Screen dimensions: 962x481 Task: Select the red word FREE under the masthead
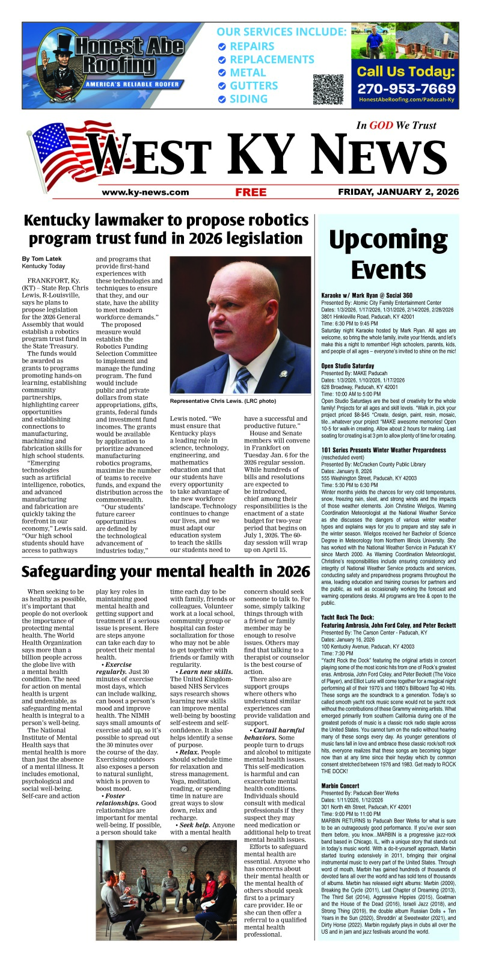251,192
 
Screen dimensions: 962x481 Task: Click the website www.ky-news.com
146,192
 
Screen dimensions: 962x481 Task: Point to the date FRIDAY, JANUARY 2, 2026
398,192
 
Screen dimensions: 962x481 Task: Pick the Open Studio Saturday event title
348,365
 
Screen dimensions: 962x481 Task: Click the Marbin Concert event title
340,785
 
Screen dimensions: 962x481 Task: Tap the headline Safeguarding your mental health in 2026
166,571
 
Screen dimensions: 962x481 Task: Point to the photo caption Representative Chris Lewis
222,401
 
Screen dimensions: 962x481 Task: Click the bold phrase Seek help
194,824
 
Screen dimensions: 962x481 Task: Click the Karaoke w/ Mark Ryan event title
367,295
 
